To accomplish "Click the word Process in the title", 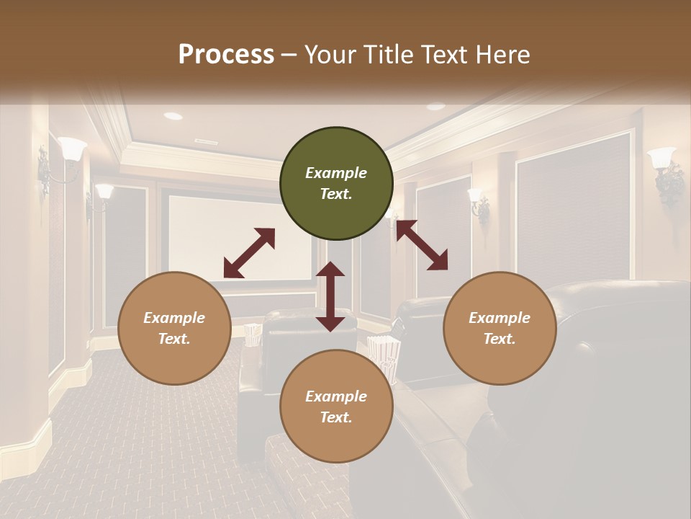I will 226,55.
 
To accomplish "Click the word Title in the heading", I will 388,55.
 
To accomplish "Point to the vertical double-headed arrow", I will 330,296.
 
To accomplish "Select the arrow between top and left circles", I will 249,253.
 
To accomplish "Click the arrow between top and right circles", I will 422,245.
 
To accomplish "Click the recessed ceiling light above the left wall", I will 173,116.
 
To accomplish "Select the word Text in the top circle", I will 336,194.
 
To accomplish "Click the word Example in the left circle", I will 174,318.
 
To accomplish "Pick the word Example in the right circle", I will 500,318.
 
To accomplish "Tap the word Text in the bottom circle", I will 336,417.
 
